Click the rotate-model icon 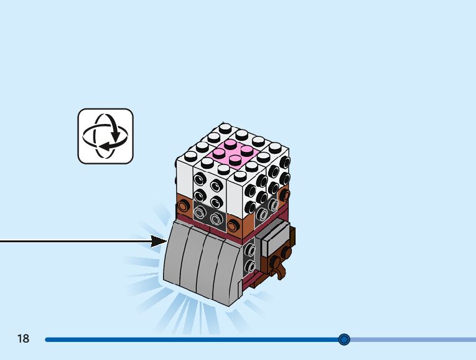[105, 136]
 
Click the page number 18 [24, 339]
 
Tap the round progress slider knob [344, 339]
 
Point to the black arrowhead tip [166, 241]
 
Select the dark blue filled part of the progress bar [187, 339]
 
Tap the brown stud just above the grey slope [234, 225]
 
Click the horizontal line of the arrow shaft [75, 241]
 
